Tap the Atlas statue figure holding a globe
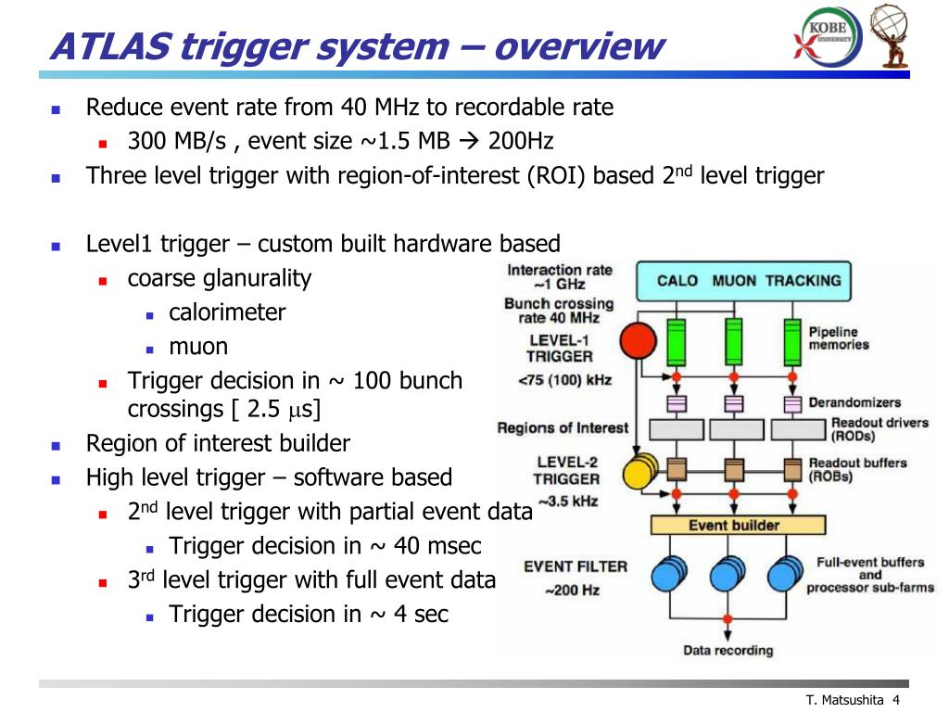(896, 36)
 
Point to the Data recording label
(728, 650)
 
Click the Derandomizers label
(854, 403)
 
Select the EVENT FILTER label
(575, 566)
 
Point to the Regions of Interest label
(563, 428)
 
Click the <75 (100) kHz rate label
(563, 379)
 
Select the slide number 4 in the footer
(897, 700)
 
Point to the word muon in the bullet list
(197, 347)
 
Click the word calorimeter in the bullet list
(227, 312)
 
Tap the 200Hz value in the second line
(521, 142)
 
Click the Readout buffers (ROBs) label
(856, 469)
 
